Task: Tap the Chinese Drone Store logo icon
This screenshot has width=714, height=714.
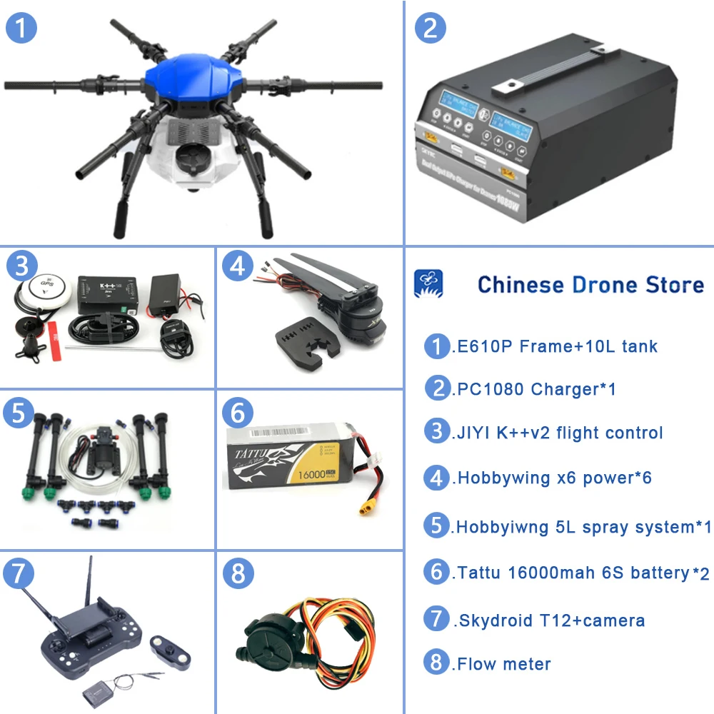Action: (428, 284)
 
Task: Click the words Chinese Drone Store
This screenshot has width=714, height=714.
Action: (590, 284)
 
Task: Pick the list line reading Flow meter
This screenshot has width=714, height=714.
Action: (502, 664)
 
